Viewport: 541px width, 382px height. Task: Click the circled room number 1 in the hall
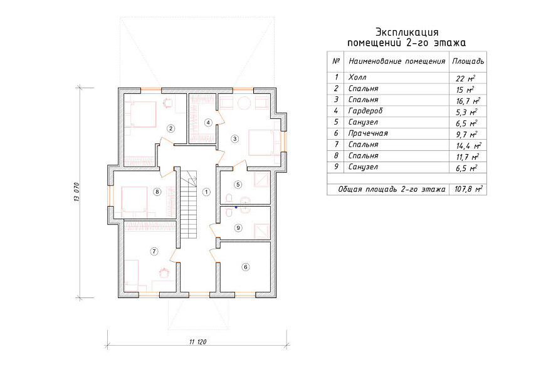coord(206,192)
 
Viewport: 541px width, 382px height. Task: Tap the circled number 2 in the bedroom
coord(171,128)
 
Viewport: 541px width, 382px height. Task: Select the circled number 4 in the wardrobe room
coord(207,122)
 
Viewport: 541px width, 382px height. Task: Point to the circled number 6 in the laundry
coord(245,267)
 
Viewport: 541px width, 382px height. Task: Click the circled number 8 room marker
coord(157,192)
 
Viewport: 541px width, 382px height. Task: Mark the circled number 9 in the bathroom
coord(238,227)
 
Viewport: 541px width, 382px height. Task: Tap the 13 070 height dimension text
coord(76,192)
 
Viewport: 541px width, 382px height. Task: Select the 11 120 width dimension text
coord(197,342)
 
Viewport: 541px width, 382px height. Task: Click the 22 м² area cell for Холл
coord(465,78)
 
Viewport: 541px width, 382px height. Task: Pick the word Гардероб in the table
coord(365,111)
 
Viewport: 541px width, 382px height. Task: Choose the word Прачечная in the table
coord(368,133)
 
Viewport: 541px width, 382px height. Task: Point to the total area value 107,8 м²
coord(468,189)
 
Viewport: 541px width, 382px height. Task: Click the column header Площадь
coord(468,62)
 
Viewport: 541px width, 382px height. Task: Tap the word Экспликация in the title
coord(407,33)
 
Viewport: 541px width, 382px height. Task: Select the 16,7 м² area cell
coord(468,101)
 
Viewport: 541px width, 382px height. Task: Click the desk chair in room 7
coord(164,272)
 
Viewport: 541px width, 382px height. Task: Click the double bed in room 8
coord(135,200)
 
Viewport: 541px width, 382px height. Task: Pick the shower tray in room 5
coord(262,179)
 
